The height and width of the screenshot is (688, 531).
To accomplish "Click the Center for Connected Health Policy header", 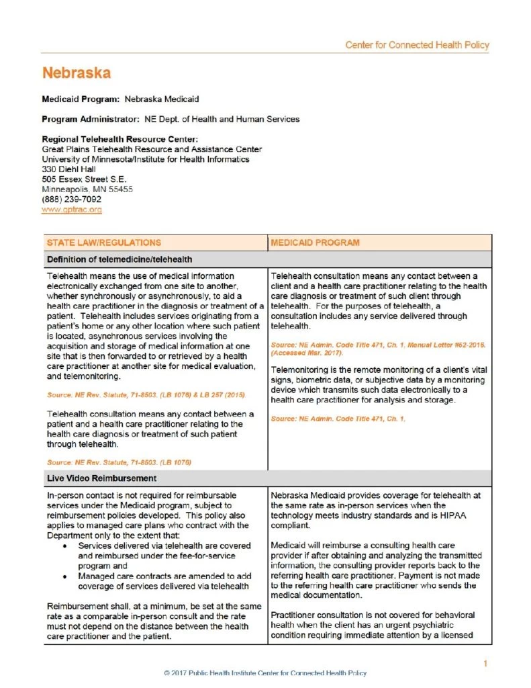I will [x=417, y=46].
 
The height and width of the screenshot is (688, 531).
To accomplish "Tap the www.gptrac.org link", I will [x=71, y=210].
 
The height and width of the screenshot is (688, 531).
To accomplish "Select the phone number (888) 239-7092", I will [x=71, y=200].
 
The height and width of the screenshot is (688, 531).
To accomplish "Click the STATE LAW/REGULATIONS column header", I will [x=103, y=243].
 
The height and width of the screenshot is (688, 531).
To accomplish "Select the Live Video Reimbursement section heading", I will [x=101, y=478].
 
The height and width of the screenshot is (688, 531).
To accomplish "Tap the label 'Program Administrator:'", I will [x=91, y=119].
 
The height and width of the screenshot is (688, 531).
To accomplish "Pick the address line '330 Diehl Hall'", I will [x=68, y=169].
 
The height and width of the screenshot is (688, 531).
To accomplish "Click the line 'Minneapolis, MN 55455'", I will [x=87, y=189].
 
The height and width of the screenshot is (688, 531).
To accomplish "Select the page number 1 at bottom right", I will [x=485, y=664].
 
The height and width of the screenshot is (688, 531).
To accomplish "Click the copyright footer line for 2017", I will [x=265, y=673].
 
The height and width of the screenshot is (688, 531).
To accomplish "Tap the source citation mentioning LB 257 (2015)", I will [x=146, y=394].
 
